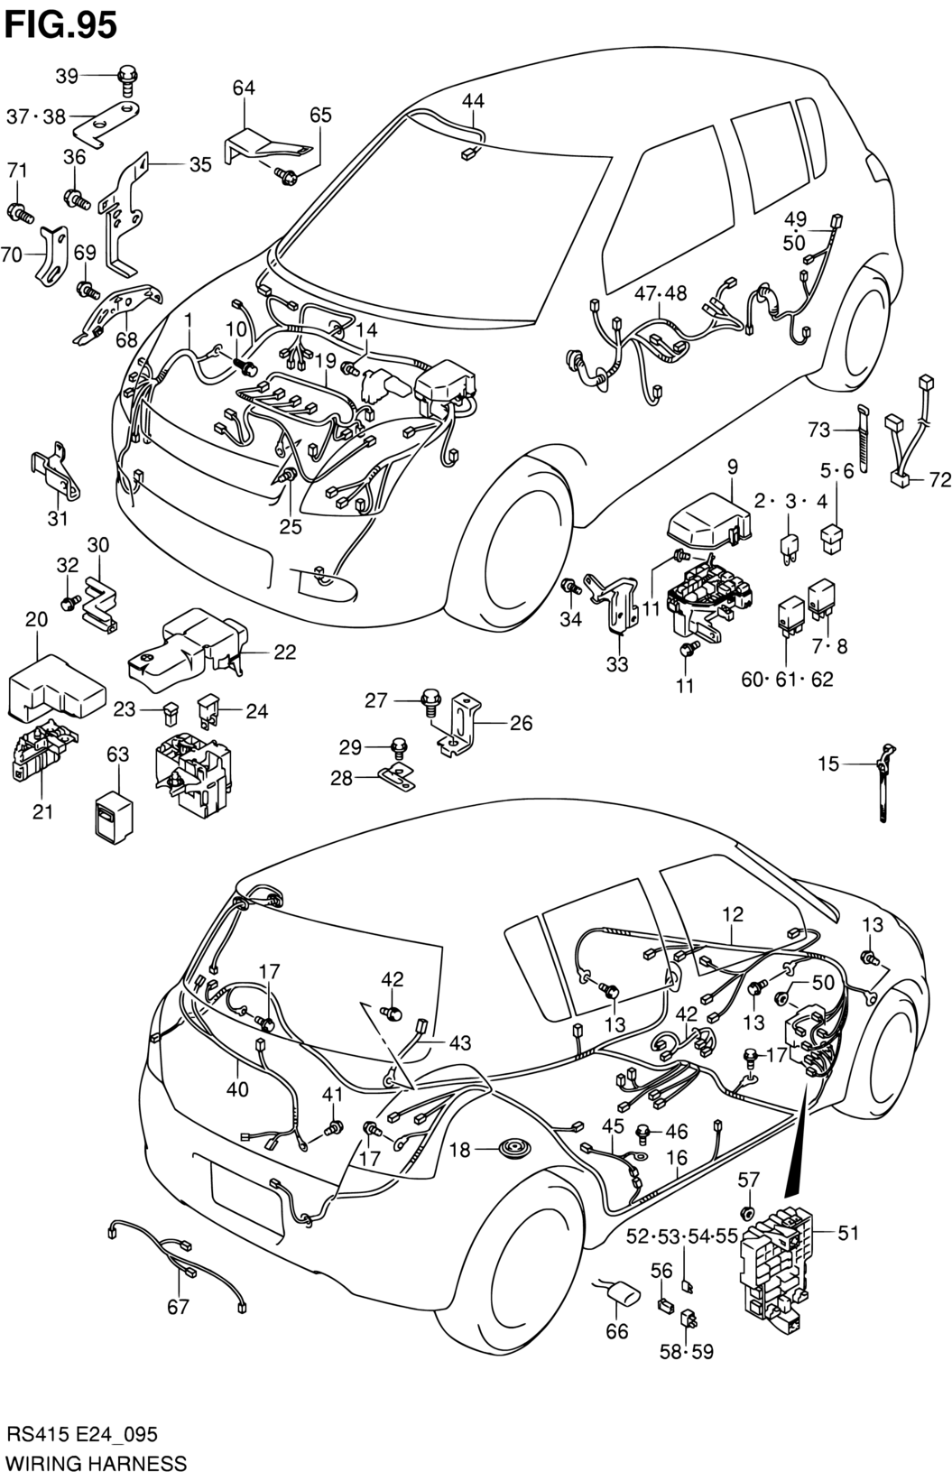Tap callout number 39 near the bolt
[x=67, y=76]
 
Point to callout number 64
[x=244, y=88]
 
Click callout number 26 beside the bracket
[x=521, y=722]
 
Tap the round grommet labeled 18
[x=512, y=1150]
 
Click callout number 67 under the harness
[x=178, y=1305]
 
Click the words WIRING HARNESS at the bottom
[x=96, y=1462]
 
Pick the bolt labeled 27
[x=430, y=701]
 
